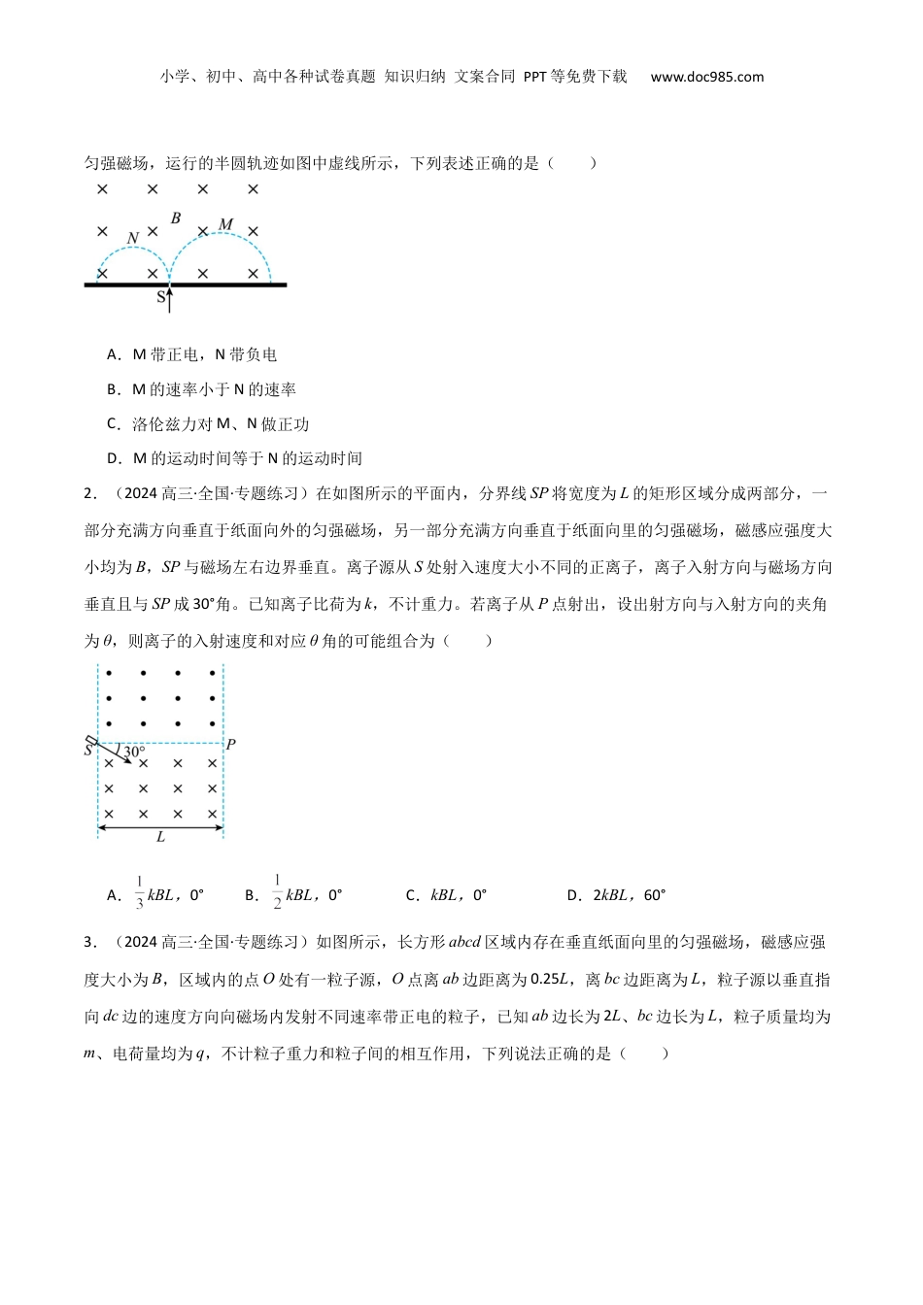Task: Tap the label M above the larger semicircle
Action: click(225, 225)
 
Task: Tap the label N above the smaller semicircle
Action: click(133, 238)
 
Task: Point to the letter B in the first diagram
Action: click(176, 218)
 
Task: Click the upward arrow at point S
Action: click(170, 299)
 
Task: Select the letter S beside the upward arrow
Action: click(161, 297)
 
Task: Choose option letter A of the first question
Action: click(113, 355)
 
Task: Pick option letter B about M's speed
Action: click(113, 390)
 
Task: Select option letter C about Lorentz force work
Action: click(113, 424)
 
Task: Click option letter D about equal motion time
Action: click(113, 459)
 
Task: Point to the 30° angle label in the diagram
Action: click(134, 751)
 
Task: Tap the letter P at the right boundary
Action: click(230, 745)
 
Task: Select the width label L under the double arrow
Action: click(160, 837)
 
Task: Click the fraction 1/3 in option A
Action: click(139, 894)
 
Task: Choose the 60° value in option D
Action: click(654, 895)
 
